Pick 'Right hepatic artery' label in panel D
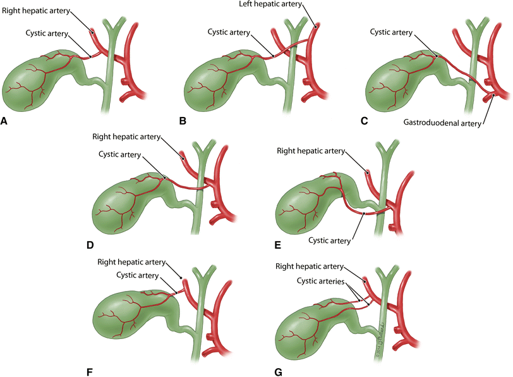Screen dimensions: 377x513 [126, 136]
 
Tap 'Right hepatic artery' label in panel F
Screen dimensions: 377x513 [131, 262]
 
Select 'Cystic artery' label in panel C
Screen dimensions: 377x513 [391, 32]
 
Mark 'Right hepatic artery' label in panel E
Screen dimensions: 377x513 [310, 151]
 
